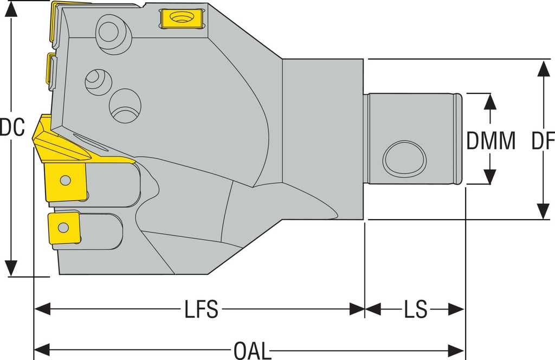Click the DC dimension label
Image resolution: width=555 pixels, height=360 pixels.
12,127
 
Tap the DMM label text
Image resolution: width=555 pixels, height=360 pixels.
491,141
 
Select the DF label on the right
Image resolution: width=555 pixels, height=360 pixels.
543,141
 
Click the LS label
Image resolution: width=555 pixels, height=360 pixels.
415,310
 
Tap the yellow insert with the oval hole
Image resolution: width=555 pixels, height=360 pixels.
181,19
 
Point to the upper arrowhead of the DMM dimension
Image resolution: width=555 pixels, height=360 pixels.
490,100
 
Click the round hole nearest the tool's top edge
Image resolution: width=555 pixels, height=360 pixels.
113,30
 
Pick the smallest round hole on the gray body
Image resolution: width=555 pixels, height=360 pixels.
98,82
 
